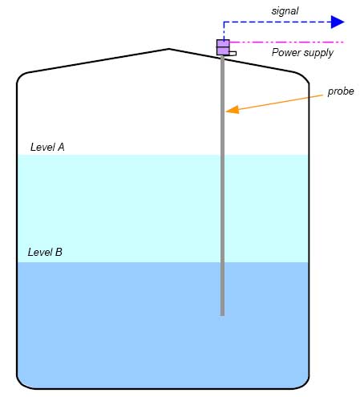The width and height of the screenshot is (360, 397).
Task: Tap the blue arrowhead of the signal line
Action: click(338, 22)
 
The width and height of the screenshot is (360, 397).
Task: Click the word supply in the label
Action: click(318, 54)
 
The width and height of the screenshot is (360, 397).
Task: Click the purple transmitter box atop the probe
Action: click(223, 47)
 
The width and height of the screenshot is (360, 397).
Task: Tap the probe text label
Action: click(341, 91)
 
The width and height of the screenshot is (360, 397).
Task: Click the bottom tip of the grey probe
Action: click(222, 314)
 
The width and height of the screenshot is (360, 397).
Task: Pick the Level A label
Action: click(47, 148)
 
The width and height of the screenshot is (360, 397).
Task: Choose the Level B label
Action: click(45, 252)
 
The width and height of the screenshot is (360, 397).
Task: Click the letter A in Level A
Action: click(61, 148)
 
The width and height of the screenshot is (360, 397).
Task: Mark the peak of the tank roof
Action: click(168, 49)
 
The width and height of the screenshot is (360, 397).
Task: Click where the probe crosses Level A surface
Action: click(222, 155)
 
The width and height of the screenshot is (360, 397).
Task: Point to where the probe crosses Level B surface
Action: click(222, 262)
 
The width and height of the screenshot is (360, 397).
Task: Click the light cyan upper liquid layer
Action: click(120, 209)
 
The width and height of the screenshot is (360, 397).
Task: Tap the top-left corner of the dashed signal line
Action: click(224, 22)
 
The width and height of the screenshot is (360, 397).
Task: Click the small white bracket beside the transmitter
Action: click(233, 54)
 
